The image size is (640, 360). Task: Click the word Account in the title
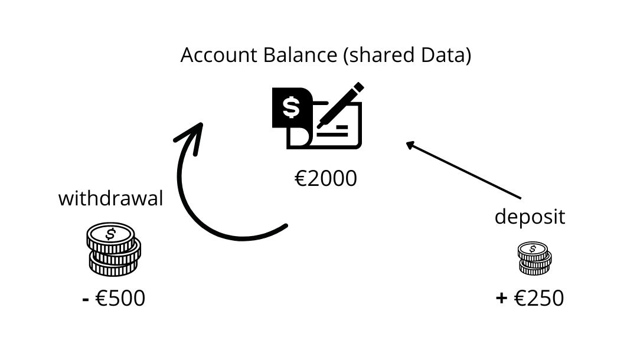[x=211, y=55]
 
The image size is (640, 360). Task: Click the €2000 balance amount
[x=326, y=178]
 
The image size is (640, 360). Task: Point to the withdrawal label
[x=110, y=198]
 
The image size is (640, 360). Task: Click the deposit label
[x=530, y=217]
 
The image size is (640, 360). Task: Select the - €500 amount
[x=113, y=298]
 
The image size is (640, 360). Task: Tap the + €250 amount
[x=530, y=298]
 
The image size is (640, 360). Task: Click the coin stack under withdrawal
[x=114, y=251]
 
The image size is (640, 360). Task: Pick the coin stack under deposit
[x=534, y=258]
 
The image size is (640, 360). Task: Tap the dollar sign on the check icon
[x=290, y=107]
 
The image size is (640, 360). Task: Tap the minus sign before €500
[x=86, y=299]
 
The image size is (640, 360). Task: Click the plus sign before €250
[x=501, y=299]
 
